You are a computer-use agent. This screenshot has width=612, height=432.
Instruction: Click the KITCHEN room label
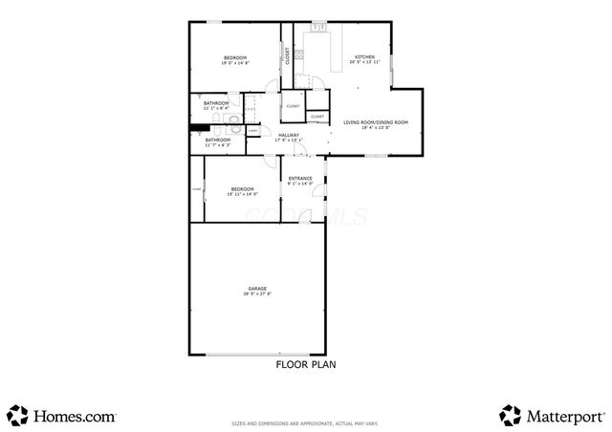[x=365, y=57]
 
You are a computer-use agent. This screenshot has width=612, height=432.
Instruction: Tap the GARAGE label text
[x=257, y=288]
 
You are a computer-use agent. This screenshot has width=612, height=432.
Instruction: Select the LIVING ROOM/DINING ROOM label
[x=376, y=122]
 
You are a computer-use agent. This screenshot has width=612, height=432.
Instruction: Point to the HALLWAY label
[x=288, y=136]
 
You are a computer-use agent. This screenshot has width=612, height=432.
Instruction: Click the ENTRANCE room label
[x=301, y=178]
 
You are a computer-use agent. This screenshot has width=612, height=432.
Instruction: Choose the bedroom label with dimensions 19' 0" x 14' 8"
[x=235, y=58]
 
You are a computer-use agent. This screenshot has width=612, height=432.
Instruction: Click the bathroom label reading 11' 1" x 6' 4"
[x=215, y=103]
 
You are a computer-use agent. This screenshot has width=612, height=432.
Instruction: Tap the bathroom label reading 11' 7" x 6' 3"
[x=218, y=140]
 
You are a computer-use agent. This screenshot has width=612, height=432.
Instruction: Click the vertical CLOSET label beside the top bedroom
[x=287, y=55]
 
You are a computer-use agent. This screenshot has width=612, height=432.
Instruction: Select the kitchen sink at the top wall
[x=316, y=32]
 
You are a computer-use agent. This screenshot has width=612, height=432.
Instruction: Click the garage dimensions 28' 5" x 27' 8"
[x=257, y=293]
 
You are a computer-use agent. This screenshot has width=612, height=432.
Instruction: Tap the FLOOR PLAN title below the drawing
[x=305, y=364]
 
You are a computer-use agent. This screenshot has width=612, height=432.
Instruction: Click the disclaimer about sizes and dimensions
[x=305, y=422]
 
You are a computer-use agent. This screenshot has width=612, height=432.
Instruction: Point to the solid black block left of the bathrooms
[x=199, y=127]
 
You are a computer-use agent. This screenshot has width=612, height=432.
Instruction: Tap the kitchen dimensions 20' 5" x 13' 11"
[x=365, y=62]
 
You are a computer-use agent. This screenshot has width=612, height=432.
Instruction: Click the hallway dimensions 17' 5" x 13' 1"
[x=288, y=140]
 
